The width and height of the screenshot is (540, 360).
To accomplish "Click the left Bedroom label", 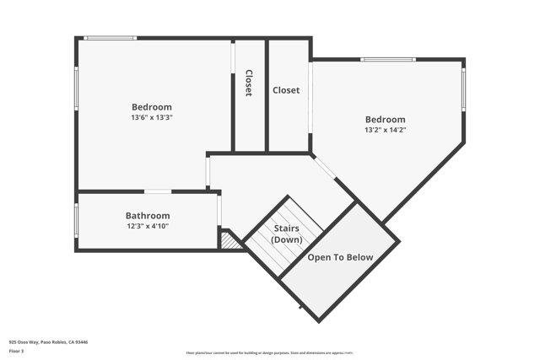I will coord(152,107).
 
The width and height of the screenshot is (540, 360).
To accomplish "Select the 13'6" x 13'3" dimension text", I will coord(152,118).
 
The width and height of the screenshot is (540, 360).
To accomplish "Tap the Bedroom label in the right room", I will coord(385,120).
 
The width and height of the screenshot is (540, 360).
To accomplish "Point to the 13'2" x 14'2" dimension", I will coord(385,131).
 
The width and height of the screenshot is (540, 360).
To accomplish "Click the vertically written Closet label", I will coord(249,83).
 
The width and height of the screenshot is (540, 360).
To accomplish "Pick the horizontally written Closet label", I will coord(286,90).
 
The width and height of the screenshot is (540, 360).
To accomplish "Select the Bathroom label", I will coord(148,216).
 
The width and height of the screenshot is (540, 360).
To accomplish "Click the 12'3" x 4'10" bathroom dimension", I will coord(148,226).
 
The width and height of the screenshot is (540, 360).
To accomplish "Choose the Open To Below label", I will coord(340,257).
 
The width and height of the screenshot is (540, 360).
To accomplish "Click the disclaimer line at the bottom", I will coord(269,353).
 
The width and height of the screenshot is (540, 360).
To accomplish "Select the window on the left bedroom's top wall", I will coord(111,38).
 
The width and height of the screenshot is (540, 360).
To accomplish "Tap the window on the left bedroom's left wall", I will coord(77,89).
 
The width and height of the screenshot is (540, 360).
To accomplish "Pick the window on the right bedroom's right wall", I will coord(463,89).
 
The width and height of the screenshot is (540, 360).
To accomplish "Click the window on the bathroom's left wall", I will coord(77,221).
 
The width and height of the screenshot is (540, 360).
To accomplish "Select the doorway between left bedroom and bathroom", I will coord(158,191).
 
